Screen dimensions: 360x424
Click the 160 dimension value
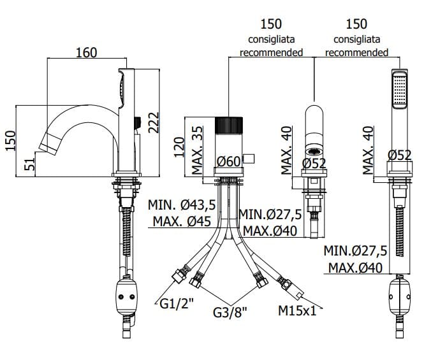pyautogui.click(x=86, y=52)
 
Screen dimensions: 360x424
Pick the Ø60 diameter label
pyautogui.click(x=228, y=162)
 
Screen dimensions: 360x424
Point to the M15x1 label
pyautogui.click(x=297, y=311)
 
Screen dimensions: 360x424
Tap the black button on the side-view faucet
pyautogui.click(x=136, y=120)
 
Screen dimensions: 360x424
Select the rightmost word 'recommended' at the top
pyautogui.click(x=356, y=52)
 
